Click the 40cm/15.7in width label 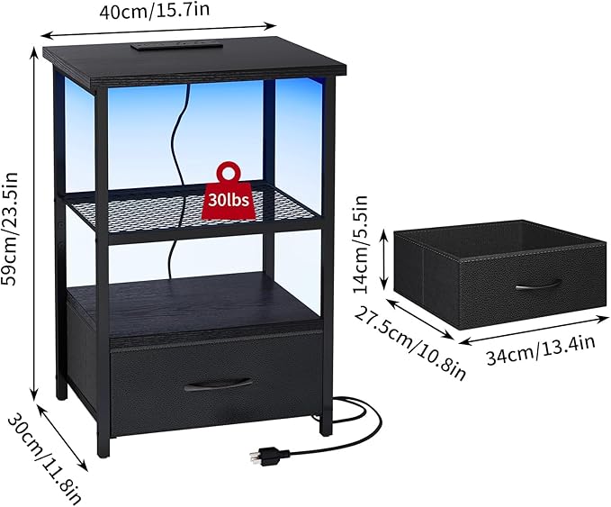coord(154,11)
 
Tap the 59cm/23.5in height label coord(10,228)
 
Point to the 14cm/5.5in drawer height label coord(360,244)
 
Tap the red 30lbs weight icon coord(229,191)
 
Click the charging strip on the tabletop coord(177,46)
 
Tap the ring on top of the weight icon coord(229,172)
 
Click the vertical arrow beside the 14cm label coord(384,258)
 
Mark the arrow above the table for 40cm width coord(158,32)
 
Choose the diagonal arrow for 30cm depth coord(61,437)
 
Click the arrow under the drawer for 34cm coord(533,329)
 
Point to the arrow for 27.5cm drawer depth coord(419,319)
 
